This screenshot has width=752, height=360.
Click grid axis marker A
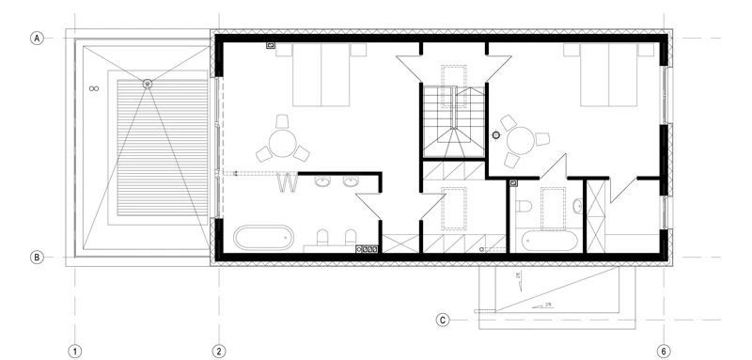click(38, 39)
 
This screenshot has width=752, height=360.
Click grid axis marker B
click(38, 257)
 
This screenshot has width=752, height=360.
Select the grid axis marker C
click(443, 320)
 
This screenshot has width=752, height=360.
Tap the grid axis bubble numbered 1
click(74, 351)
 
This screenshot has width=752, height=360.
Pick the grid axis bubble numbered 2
click(218, 351)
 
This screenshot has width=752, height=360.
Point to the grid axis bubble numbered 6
click(664, 351)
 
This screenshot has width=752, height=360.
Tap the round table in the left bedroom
click(282, 143)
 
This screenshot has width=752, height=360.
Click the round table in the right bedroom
click(521, 142)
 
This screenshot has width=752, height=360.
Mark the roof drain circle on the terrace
click(147, 85)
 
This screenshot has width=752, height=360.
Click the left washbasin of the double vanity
click(321, 182)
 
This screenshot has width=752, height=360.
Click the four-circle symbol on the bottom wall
click(368, 250)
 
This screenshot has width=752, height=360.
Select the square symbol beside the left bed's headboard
click(271, 44)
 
